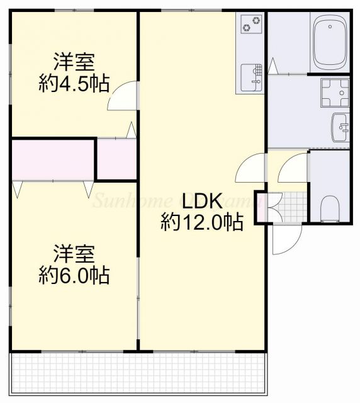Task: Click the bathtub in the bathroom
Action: pyautogui.click(x=330, y=45)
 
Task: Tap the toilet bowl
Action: pyautogui.click(x=330, y=207)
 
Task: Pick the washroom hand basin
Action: pyautogui.click(x=340, y=128)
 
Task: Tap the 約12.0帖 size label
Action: pyautogui.click(x=201, y=222)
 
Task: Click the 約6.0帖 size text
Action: pyautogui.click(x=74, y=275)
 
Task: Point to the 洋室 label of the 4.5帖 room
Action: pyautogui.click(x=74, y=63)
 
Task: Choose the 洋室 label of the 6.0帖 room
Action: pyautogui.click(x=74, y=254)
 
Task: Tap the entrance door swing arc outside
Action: pyautogui.click(x=286, y=239)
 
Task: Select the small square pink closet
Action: pyautogui.click(x=116, y=159)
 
